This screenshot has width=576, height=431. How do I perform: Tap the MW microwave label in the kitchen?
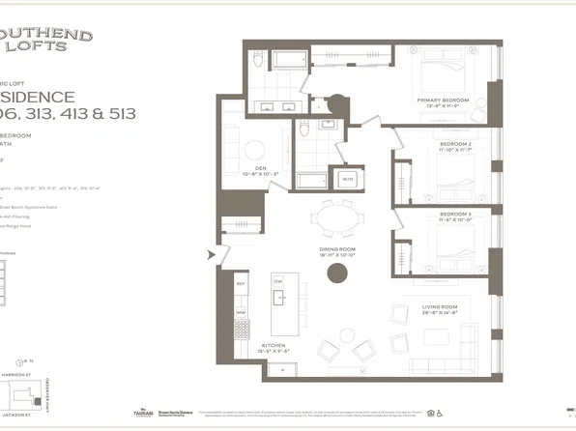coord(242,312)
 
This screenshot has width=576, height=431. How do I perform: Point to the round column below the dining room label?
coord(336,273)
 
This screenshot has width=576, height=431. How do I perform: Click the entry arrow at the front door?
coord(211,255)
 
